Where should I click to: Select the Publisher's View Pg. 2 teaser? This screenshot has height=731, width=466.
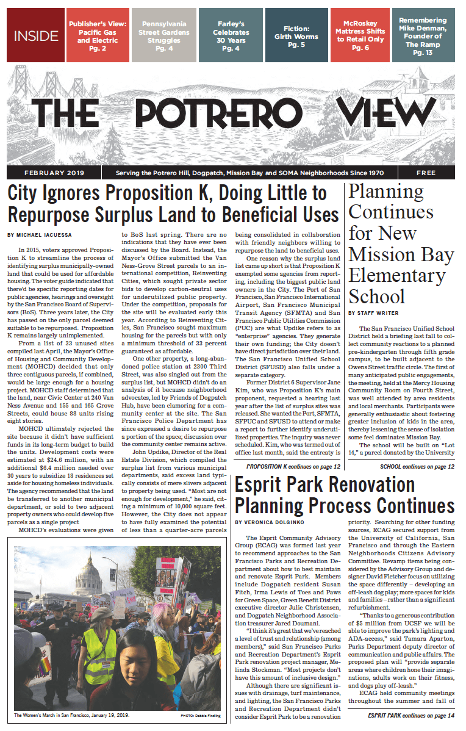tap(97, 35)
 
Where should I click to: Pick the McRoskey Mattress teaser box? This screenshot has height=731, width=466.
tap(360, 35)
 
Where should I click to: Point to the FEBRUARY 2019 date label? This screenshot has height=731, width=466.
tap(55, 173)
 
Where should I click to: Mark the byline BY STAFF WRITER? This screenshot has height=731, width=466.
tap(373, 312)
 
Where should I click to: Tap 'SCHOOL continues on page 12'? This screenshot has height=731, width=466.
tap(417, 467)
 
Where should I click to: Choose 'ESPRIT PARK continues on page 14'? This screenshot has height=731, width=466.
tap(411, 715)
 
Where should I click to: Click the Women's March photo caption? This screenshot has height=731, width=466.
tap(73, 715)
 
